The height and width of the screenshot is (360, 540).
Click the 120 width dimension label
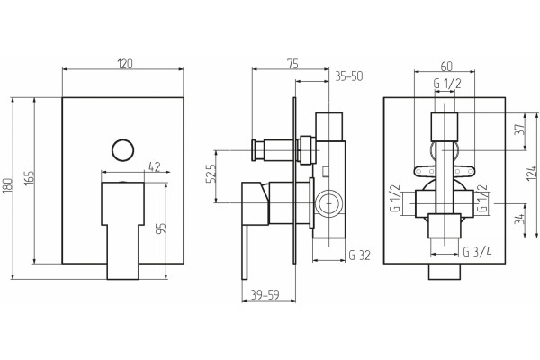[x=125, y=64]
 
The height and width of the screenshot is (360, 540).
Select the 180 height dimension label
[x=7, y=185]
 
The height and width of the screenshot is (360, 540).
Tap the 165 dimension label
[x=30, y=178]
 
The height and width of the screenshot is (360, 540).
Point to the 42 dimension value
[x=155, y=167]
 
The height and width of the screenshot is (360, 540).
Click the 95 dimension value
[x=161, y=229]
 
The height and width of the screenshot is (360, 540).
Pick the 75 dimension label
[x=292, y=64]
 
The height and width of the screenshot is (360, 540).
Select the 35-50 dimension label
[x=349, y=76]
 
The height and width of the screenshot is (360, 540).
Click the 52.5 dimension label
[x=211, y=174]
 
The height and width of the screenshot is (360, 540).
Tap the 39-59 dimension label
[x=265, y=295]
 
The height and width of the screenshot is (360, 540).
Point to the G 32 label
[x=359, y=256]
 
